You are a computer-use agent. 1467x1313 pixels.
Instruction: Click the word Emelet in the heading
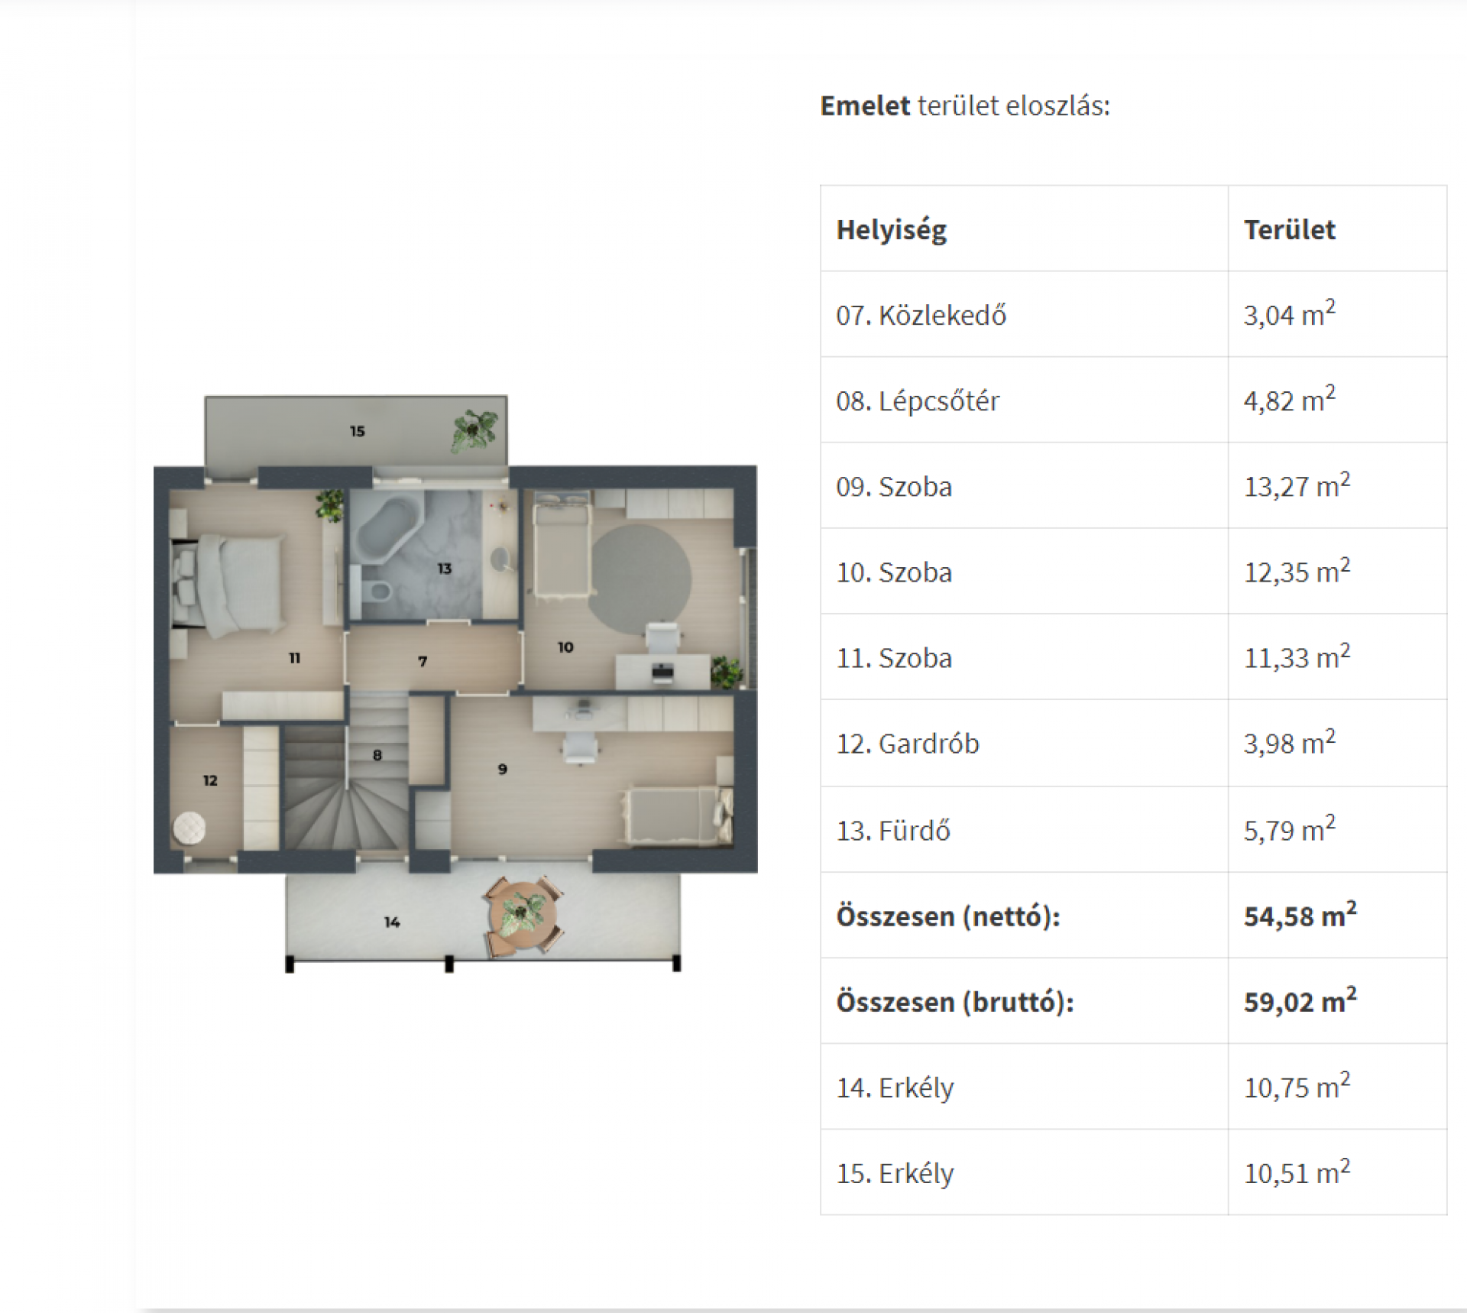[x=865, y=105]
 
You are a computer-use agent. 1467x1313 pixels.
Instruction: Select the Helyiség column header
[x=892, y=230]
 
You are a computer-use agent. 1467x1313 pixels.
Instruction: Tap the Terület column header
[x=1290, y=229]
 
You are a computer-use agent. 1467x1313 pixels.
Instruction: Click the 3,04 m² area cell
[x=1290, y=313]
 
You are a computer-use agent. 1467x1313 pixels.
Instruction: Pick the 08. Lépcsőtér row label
[x=918, y=400]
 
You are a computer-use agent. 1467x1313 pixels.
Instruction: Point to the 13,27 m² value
[x=1297, y=485]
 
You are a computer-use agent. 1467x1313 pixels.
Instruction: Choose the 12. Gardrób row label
[x=908, y=744]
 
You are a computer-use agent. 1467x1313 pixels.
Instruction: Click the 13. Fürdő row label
[x=893, y=830]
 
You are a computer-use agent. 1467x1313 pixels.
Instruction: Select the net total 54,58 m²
[x=1300, y=915]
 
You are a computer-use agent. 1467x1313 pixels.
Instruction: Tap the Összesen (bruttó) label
[x=955, y=1001]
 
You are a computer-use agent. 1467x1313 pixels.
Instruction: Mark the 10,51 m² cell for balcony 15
[x=1297, y=1172]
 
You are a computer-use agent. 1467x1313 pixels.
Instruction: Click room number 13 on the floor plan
[x=445, y=569]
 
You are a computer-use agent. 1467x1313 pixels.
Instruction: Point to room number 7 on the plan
[x=423, y=661]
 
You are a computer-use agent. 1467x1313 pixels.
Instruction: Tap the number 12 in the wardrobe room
[x=210, y=780]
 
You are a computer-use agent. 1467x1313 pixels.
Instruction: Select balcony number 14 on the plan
[x=392, y=922]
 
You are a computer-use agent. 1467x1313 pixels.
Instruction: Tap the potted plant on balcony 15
[x=474, y=431]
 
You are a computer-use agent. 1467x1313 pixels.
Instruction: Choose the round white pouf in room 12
[x=189, y=828]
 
